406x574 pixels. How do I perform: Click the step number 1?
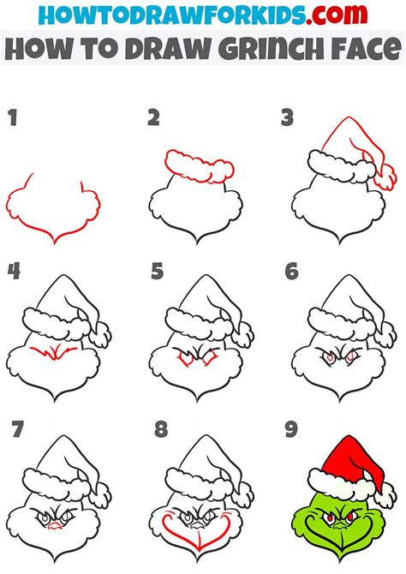pos(13,118)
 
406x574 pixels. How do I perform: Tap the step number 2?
pos(154,118)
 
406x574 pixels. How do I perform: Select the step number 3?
pos(288,118)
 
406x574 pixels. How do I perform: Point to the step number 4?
pos(14,272)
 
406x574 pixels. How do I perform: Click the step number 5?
pos(157,272)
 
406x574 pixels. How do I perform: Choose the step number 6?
pos(292,272)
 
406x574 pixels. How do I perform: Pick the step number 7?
pos(17,429)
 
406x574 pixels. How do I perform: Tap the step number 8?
pos(161,429)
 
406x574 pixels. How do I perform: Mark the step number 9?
pos(291,429)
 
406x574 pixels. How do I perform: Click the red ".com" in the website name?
pos(337,15)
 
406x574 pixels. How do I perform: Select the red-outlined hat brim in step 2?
pos(200,166)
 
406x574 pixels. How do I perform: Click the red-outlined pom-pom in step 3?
pos(385,176)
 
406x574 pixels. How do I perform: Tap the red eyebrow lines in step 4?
pos(53,353)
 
